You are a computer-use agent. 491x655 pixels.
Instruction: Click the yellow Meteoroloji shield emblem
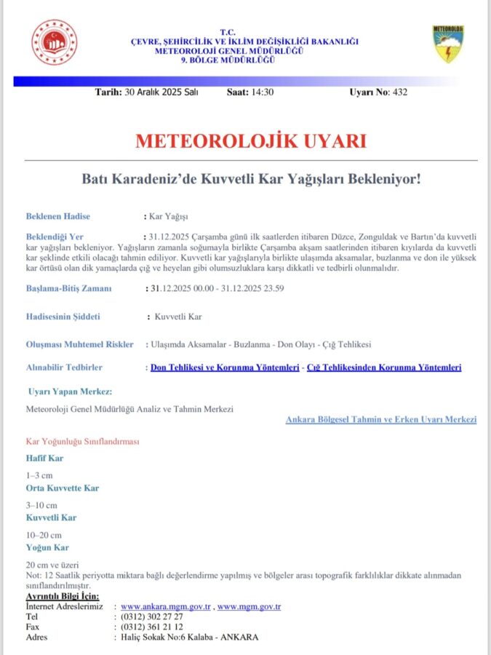(448, 44)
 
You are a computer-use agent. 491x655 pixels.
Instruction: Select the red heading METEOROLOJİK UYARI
(250, 140)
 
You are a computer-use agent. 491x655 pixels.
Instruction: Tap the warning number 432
(399, 92)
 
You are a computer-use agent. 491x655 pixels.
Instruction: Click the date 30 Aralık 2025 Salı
(161, 92)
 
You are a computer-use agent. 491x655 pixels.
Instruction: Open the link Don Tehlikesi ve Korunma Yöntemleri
(225, 368)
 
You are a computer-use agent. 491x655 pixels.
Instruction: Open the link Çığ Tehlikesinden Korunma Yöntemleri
(384, 368)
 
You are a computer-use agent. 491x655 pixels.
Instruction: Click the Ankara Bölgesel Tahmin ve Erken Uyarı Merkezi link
(381, 420)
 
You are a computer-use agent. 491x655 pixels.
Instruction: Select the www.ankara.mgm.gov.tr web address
(166, 606)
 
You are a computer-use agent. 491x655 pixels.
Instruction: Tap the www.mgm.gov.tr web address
(250, 606)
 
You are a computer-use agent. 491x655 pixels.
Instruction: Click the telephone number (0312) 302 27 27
(152, 616)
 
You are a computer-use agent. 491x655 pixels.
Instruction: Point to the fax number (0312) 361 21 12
(152, 627)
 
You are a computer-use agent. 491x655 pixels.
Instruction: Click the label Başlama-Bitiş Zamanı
(69, 288)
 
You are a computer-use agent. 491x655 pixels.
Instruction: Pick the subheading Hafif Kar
(45, 458)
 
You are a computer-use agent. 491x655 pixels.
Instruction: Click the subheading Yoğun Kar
(48, 547)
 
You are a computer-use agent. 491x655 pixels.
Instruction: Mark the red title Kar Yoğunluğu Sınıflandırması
(82, 442)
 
